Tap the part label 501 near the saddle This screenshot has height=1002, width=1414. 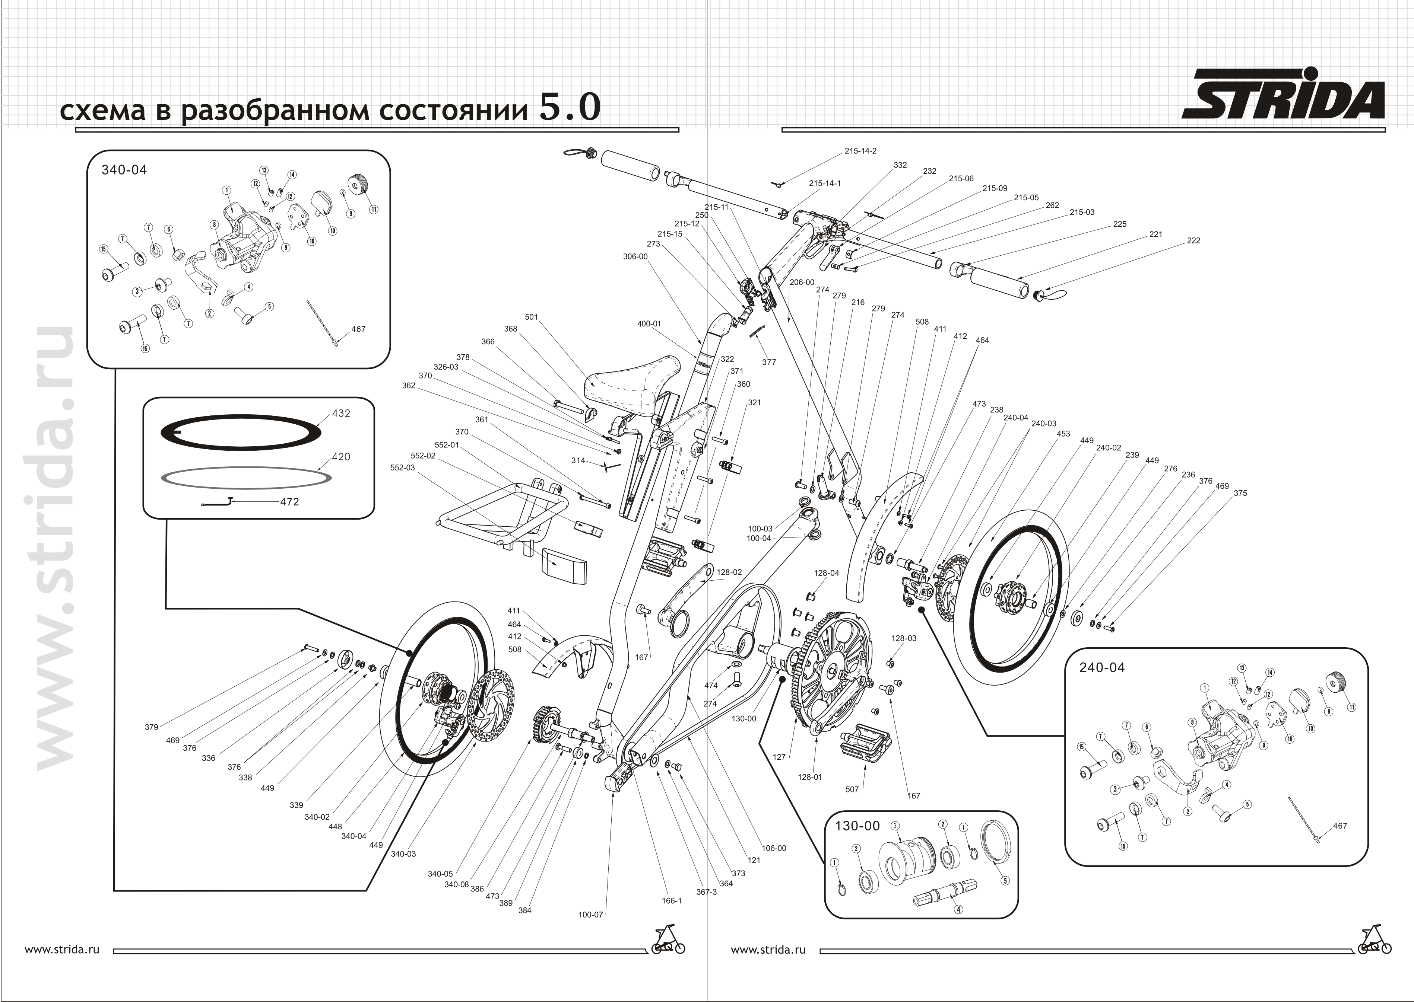pyautogui.click(x=531, y=317)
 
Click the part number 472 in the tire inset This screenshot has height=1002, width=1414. pyautogui.click(x=289, y=502)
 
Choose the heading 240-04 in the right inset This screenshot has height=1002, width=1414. pyautogui.click(x=1102, y=667)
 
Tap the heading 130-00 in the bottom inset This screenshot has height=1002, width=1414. pyautogui.click(x=857, y=826)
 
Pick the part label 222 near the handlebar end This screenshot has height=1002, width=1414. pyautogui.click(x=1193, y=240)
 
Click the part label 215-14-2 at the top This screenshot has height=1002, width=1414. pyautogui.click(x=860, y=151)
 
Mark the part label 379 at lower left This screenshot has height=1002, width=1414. pyautogui.click(x=151, y=727)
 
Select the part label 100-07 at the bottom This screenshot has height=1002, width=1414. pyautogui.click(x=590, y=915)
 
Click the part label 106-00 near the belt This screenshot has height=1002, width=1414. pyautogui.click(x=774, y=848)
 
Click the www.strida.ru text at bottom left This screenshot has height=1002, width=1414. pyautogui.click(x=62, y=950)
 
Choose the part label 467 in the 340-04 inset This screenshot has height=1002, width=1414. pyautogui.click(x=358, y=329)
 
